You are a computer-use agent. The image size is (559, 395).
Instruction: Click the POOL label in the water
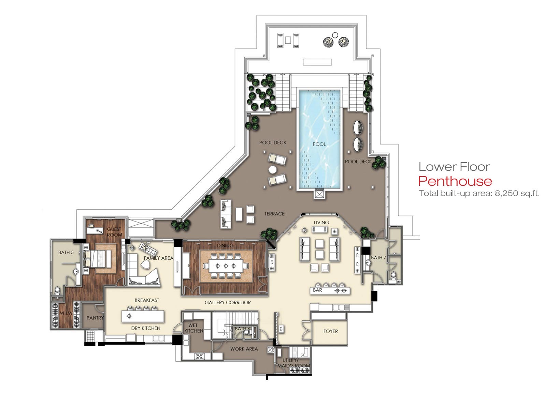coord(319,144)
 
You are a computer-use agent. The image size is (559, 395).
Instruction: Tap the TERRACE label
coord(274,214)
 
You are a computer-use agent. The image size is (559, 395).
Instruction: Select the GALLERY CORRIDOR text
coord(228,303)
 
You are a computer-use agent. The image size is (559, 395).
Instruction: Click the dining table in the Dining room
coord(226,266)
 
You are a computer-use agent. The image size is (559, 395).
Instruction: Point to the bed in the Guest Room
coord(98,259)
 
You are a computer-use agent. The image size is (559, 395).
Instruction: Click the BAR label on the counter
coord(317,290)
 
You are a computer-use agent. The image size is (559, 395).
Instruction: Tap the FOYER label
coord(330,331)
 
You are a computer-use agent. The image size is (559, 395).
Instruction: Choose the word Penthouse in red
coord(455,181)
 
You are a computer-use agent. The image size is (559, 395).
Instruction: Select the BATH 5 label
coord(66,253)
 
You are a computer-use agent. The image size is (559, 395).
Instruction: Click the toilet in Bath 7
coord(393,276)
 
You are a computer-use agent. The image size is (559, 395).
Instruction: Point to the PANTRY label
coord(95,318)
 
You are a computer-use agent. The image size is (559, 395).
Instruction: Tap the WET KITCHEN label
coord(193,328)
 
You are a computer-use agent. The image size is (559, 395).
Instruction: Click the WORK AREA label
coord(244,349)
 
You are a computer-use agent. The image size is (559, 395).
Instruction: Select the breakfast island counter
coord(143,316)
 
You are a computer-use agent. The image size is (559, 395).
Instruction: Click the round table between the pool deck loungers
coord(273,170)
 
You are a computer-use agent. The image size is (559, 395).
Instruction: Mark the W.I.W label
coord(66,313)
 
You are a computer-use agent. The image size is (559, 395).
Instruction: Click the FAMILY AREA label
coord(158,258)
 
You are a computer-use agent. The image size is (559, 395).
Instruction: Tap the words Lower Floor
coord(454,167)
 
